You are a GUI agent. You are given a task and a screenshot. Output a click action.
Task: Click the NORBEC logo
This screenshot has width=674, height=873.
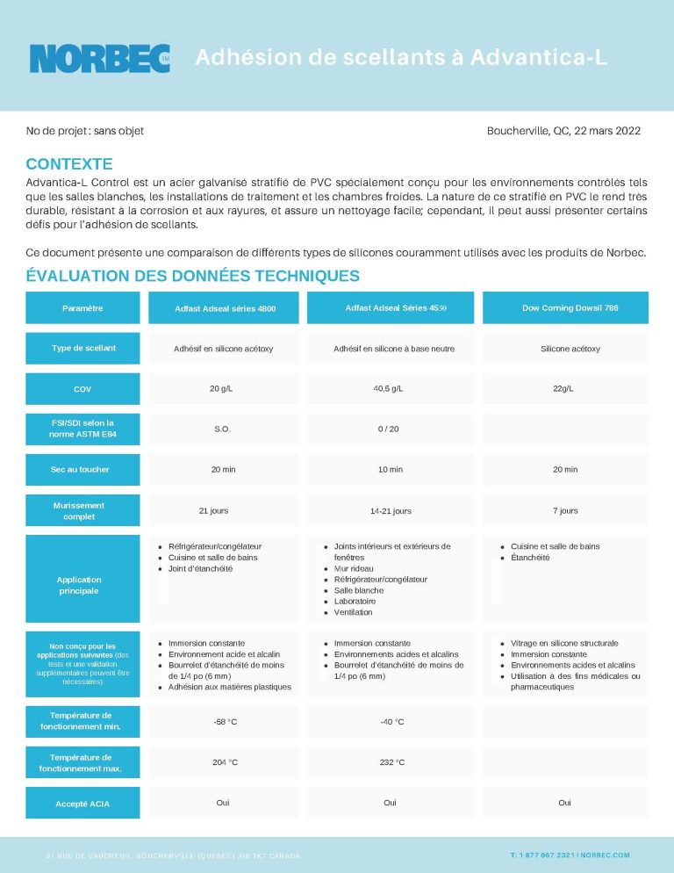(x=99, y=58)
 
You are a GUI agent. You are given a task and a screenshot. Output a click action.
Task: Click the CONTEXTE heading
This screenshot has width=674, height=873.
(x=69, y=163)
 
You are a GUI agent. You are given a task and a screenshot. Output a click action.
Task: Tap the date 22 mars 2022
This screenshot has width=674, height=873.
(x=607, y=131)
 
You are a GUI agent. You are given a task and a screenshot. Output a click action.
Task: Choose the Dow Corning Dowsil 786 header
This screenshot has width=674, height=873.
(x=564, y=307)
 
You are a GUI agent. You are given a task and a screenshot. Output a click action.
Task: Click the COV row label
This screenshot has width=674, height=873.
(x=82, y=389)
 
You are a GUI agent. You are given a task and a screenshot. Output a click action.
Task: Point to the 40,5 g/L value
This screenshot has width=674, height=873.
(x=390, y=388)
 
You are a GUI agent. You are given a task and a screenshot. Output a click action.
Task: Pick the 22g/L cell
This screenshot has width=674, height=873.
(x=564, y=388)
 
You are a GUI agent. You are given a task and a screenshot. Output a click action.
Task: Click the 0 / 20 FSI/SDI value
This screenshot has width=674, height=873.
(x=390, y=429)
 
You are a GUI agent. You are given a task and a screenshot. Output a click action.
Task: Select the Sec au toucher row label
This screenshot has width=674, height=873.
(x=82, y=469)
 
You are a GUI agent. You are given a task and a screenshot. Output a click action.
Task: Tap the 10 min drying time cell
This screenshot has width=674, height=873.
(x=390, y=469)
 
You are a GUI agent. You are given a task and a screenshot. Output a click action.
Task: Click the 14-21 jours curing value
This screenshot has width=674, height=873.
(x=390, y=510)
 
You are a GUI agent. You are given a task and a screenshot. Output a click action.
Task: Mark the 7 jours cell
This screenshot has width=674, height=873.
(x=564, y=509)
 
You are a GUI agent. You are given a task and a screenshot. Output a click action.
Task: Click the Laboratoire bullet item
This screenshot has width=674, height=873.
(x=358, y=601)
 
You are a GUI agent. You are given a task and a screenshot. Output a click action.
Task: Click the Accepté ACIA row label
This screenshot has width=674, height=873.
(x=82, y=803)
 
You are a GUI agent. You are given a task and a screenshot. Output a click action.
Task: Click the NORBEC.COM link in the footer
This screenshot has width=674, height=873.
(x=606, y=855)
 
